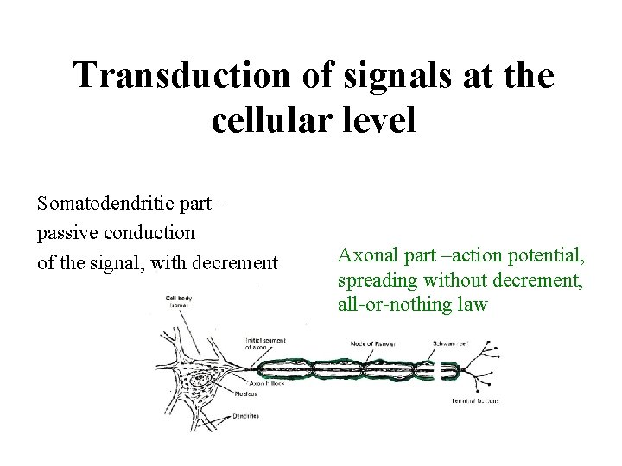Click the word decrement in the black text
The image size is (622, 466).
click(x=239, y=261)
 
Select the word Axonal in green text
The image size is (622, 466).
click(x=364, y=256)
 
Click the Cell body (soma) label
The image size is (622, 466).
click(x=180, y=303)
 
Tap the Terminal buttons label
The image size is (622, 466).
click(x=474, y=401)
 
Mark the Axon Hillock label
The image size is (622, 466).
click(x=266, y=382)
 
